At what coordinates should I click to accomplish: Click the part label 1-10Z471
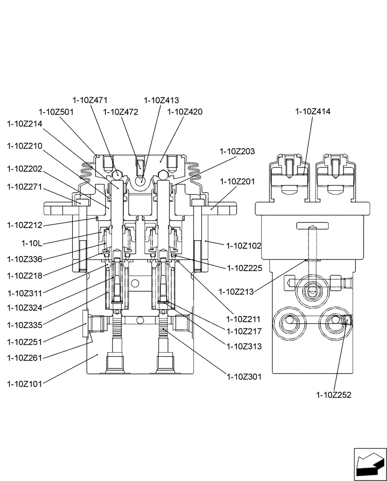90,100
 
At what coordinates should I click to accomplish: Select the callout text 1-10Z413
161,100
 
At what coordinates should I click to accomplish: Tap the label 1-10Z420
185,112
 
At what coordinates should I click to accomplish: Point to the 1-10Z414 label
313,112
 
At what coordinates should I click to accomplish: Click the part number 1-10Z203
237,151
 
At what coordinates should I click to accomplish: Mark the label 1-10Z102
244,245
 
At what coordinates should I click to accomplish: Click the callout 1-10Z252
334,395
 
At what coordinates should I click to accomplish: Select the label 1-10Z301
244,377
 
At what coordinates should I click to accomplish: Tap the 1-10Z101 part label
25,384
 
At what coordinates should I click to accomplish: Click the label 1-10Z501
56,112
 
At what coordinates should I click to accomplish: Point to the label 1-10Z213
236,291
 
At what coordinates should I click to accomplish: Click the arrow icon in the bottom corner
370,464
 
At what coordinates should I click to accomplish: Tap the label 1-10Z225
245,268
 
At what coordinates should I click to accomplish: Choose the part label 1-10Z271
25,186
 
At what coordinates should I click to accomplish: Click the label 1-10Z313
244,346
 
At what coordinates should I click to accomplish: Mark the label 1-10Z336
25,259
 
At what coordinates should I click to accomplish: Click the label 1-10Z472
121,112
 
